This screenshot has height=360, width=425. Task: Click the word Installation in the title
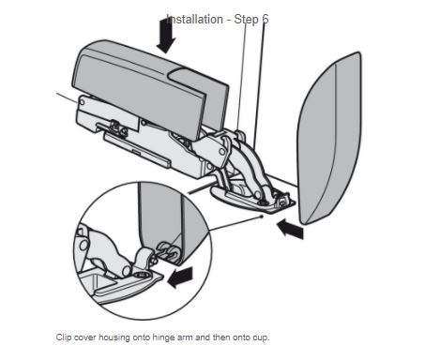194,20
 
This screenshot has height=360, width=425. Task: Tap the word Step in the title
247,20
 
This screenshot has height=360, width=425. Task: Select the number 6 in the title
266,20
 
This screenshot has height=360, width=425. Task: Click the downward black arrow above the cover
166,36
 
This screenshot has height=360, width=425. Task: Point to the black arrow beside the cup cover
290,229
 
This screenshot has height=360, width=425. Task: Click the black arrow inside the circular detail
180,277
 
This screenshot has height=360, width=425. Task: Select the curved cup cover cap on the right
329,138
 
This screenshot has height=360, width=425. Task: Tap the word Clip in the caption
64,337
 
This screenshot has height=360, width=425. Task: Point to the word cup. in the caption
261,338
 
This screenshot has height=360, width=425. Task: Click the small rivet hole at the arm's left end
82,102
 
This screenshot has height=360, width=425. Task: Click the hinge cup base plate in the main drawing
253,200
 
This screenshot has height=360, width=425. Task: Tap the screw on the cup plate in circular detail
140,275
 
